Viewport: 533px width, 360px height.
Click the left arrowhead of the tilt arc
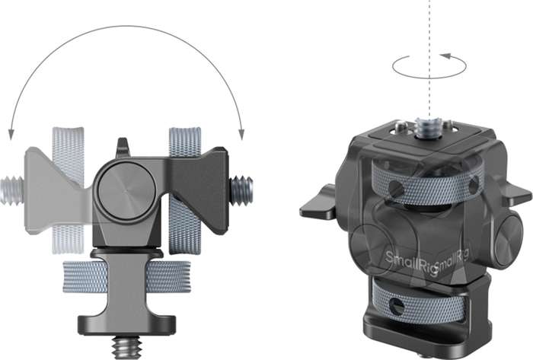point(11,133)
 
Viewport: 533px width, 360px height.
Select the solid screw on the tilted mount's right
point(241,186)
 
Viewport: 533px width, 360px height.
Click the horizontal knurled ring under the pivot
point(126,275)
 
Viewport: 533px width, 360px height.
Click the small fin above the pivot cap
point(122,148)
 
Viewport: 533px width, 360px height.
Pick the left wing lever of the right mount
point(320,207)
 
